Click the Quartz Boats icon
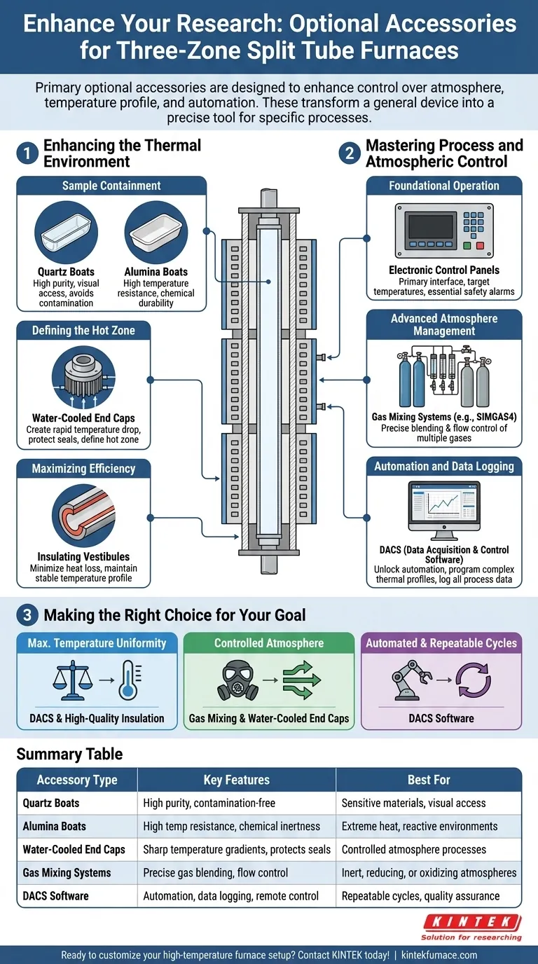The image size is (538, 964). [67, 233]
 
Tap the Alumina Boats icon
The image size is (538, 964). [156, 233]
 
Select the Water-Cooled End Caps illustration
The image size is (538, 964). [83, 383]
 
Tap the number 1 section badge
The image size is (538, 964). [27, 153]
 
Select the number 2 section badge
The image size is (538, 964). [349, 153]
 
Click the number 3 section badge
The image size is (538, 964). [27, 615]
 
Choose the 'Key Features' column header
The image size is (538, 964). [236, 780]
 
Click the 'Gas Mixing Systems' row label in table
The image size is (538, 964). [67, 872]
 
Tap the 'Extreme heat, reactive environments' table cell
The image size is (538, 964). [420, 826]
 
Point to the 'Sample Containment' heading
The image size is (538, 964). [111, 186]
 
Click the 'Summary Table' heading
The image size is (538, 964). [69, 754]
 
